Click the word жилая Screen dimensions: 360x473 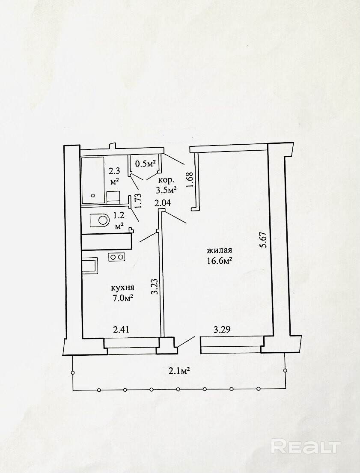point(219,250)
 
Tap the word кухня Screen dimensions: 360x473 point(122,288)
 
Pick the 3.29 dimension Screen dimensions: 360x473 point(222,330)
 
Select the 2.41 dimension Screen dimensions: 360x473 point(121,330)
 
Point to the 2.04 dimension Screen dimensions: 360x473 point(163,203)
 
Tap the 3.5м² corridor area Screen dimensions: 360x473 point(166,190)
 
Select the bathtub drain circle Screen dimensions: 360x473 point(93,196)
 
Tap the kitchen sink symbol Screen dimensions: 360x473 point(90,266)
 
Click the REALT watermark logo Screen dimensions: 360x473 point(306,446)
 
